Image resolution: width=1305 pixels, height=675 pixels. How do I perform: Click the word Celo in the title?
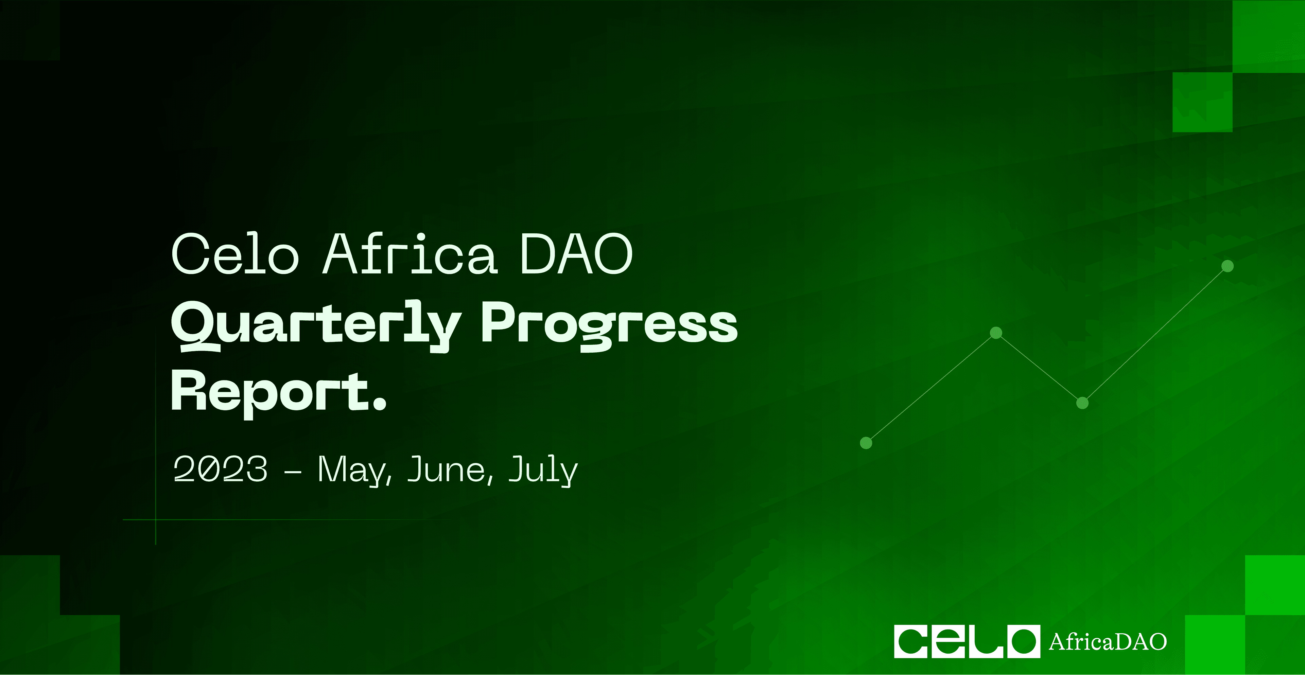pos(236,254)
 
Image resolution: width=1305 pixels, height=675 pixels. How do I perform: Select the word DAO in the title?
pos(576,254)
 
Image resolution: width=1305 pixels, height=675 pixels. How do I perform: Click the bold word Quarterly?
pos(316,325)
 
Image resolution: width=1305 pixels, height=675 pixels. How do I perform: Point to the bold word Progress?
pos(609,325)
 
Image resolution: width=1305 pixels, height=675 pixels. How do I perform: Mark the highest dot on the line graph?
pos(1228,266)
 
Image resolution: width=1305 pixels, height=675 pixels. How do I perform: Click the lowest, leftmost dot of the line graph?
pos(866,443)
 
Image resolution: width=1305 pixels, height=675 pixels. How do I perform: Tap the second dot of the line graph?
pos(996,333)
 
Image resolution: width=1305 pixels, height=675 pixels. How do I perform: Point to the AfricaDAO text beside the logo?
pos(1108,642)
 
